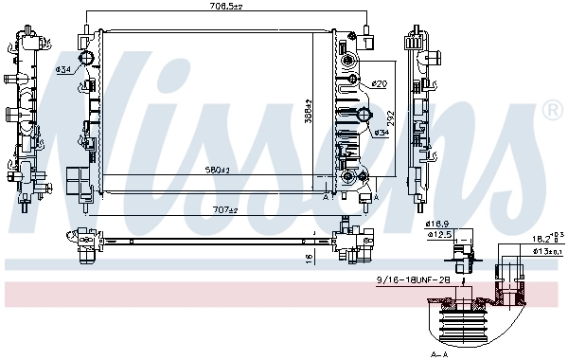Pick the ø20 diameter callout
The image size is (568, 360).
[380, 84]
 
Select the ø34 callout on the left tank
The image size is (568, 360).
[64, 69]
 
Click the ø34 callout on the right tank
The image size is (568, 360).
[382, 132]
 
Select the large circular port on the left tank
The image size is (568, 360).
[87, 62]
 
